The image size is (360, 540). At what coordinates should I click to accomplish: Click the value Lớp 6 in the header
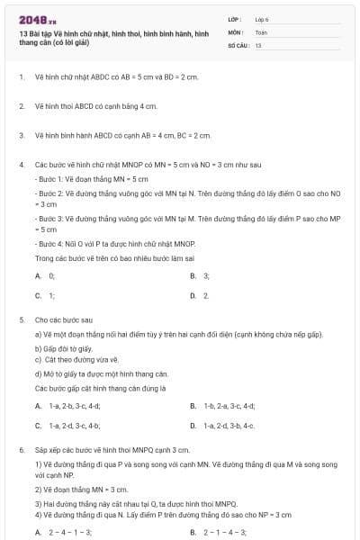[x=261, y=18]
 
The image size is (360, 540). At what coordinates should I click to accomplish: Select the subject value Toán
[x=261, y=31]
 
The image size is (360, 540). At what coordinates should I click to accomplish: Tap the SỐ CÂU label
[x=238, y=44]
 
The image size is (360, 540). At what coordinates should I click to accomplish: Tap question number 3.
[x=21, y=135]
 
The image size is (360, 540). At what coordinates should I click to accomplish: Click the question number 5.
[x=21, y=319]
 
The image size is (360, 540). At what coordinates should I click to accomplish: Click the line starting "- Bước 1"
[x=84, y=178]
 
